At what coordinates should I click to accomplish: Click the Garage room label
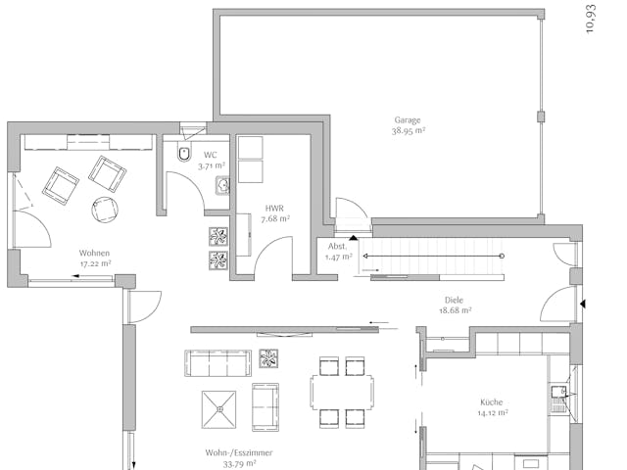pos(409,120)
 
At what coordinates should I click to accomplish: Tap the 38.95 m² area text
pos(409,130)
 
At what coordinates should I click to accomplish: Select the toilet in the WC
pos(184,154)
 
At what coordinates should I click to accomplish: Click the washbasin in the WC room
pos(222,185)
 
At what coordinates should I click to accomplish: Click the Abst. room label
pos(336,246)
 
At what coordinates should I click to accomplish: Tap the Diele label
pos(454,301)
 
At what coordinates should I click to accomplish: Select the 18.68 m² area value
pos(456,310)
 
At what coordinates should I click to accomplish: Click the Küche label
pos(491,402)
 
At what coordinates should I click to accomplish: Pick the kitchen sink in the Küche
pos(558,395)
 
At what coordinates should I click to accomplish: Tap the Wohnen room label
pos(94,253)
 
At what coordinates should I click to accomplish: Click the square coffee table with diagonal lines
pos(219,408)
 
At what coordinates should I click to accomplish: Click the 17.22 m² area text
pos(95,263)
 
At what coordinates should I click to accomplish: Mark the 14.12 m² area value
pos(492,413)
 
